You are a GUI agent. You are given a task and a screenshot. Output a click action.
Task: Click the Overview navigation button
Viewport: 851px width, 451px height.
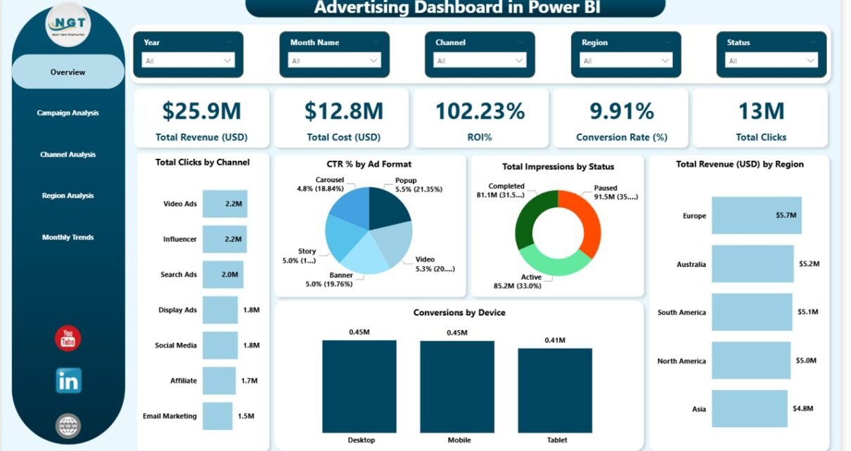point(68,72)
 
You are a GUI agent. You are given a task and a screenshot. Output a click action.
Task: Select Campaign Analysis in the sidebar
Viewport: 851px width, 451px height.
point(68,113)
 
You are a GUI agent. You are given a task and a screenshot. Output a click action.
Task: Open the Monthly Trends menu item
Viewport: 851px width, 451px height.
point(68,237)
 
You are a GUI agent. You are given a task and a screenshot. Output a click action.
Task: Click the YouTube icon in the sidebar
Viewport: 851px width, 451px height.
point(68,339)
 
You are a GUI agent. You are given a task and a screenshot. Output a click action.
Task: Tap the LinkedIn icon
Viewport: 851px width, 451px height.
point(68,380)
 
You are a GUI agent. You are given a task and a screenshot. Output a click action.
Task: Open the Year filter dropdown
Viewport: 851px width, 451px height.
point(188,61)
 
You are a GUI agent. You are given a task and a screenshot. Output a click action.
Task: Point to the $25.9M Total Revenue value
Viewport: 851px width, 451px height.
point(201,111)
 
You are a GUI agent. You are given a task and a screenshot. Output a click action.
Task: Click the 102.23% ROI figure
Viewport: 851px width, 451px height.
point(480,111)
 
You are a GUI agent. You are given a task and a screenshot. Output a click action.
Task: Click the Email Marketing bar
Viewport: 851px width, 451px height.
point(217,416)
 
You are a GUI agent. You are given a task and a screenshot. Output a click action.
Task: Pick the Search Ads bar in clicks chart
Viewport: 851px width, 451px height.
point(222,275)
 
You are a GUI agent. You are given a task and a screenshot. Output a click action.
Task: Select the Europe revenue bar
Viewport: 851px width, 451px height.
point(756,216)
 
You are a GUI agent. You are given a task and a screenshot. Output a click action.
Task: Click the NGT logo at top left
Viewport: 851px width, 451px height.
point(68,26)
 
